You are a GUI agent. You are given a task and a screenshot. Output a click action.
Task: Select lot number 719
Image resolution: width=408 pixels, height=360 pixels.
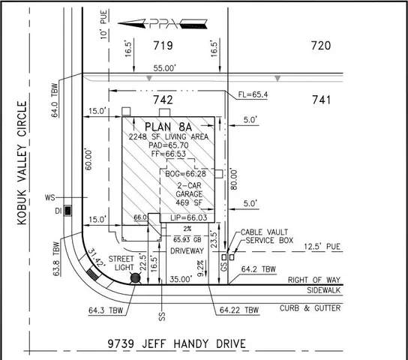(x=163, y=46)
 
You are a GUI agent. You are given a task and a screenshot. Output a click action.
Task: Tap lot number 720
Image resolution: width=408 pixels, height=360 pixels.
(x=321, y=46)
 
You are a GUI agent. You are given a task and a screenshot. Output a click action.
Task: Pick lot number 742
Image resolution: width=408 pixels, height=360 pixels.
(x=163, y=100)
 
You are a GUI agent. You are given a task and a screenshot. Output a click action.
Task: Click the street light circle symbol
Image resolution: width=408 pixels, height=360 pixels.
(x=136, y=279)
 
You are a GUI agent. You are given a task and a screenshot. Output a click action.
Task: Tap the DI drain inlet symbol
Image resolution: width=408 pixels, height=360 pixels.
(x=69, y=211)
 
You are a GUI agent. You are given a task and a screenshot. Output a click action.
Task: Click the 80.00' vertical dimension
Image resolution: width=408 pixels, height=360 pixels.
(x=235, y=180)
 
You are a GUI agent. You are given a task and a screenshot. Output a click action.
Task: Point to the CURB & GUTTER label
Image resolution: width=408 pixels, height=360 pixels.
(x=310, y=308)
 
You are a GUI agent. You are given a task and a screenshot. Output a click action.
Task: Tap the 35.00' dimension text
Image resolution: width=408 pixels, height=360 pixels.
(x=181, y=277)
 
